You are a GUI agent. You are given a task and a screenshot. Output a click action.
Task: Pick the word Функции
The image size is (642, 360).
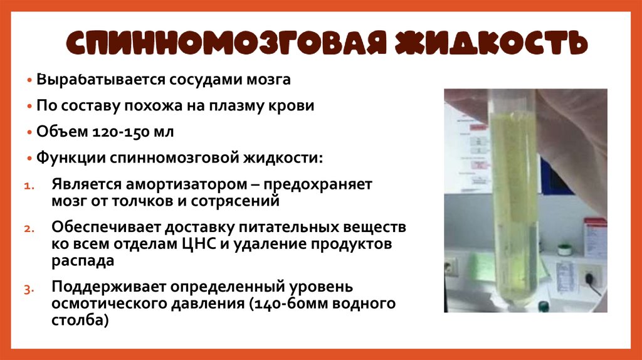(x=70, y=157)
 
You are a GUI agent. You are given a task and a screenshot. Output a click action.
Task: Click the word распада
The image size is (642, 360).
(x=83, y=259)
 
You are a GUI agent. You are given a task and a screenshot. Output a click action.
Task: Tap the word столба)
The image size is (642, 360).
(x=80, y=320)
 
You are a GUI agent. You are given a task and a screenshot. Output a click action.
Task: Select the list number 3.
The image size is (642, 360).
(x=28, y=289)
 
